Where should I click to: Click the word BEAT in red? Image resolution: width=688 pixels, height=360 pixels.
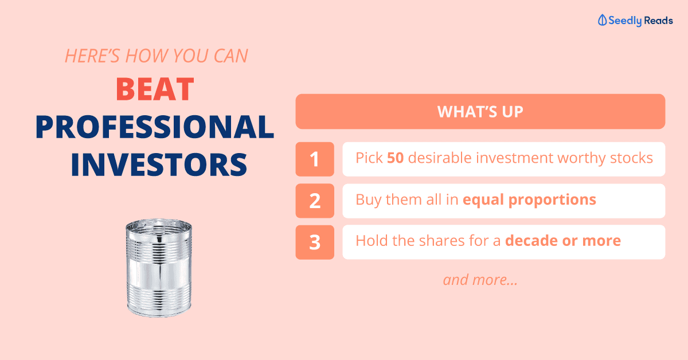pos(155,89)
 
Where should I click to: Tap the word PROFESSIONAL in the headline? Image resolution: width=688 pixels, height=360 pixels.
pos(155,127)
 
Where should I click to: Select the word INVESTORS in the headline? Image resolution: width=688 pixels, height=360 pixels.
pos(159,165)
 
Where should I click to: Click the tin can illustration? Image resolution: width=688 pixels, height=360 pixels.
pos(159,268)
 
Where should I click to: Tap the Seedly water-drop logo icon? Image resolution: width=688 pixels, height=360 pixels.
pos(602,20)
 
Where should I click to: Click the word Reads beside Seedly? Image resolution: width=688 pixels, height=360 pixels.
pos(658,21)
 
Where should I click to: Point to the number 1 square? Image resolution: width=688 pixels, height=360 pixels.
pos(315,159)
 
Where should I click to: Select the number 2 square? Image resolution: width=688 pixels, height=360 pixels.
pos(315,201)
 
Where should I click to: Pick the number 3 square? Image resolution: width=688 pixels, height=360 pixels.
pos(315,242)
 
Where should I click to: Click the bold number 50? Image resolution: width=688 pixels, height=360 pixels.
pos(395,158)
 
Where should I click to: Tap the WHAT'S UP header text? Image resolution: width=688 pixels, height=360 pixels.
pos(480,112)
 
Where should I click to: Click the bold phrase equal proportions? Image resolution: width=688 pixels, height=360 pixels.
pos(530,200)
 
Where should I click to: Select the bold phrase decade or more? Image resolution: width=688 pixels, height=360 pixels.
pos(563,241)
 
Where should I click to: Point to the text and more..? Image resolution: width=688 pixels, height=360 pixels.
pos(480,280)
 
